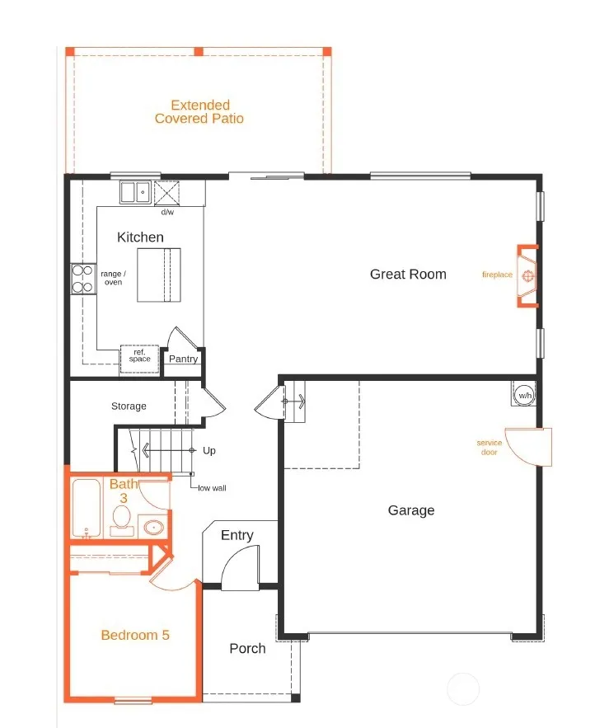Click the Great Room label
[x=408, y=275]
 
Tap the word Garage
[x=411, y=510]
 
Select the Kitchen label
[x=140, y=237]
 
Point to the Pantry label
[x=183, y=359]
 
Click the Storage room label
[x=129, y=406]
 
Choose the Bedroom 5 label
[x=135, y=635]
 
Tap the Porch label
[x=247, y=649]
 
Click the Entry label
[x=237, y=535]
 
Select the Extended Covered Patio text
[x=199, y=112]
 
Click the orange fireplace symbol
[x=527, y=276]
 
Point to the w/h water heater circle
[x=524, y=396]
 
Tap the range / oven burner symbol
[x=83, y=279]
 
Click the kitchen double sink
[x=135, y=192]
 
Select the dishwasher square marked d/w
[x=166, y=193]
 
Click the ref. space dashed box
[x=140, y=359]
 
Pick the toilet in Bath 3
[x=122, y=521]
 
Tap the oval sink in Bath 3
[x=153, y=528]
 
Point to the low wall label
[x=212, y=488]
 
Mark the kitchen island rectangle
[x=159, y=275]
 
